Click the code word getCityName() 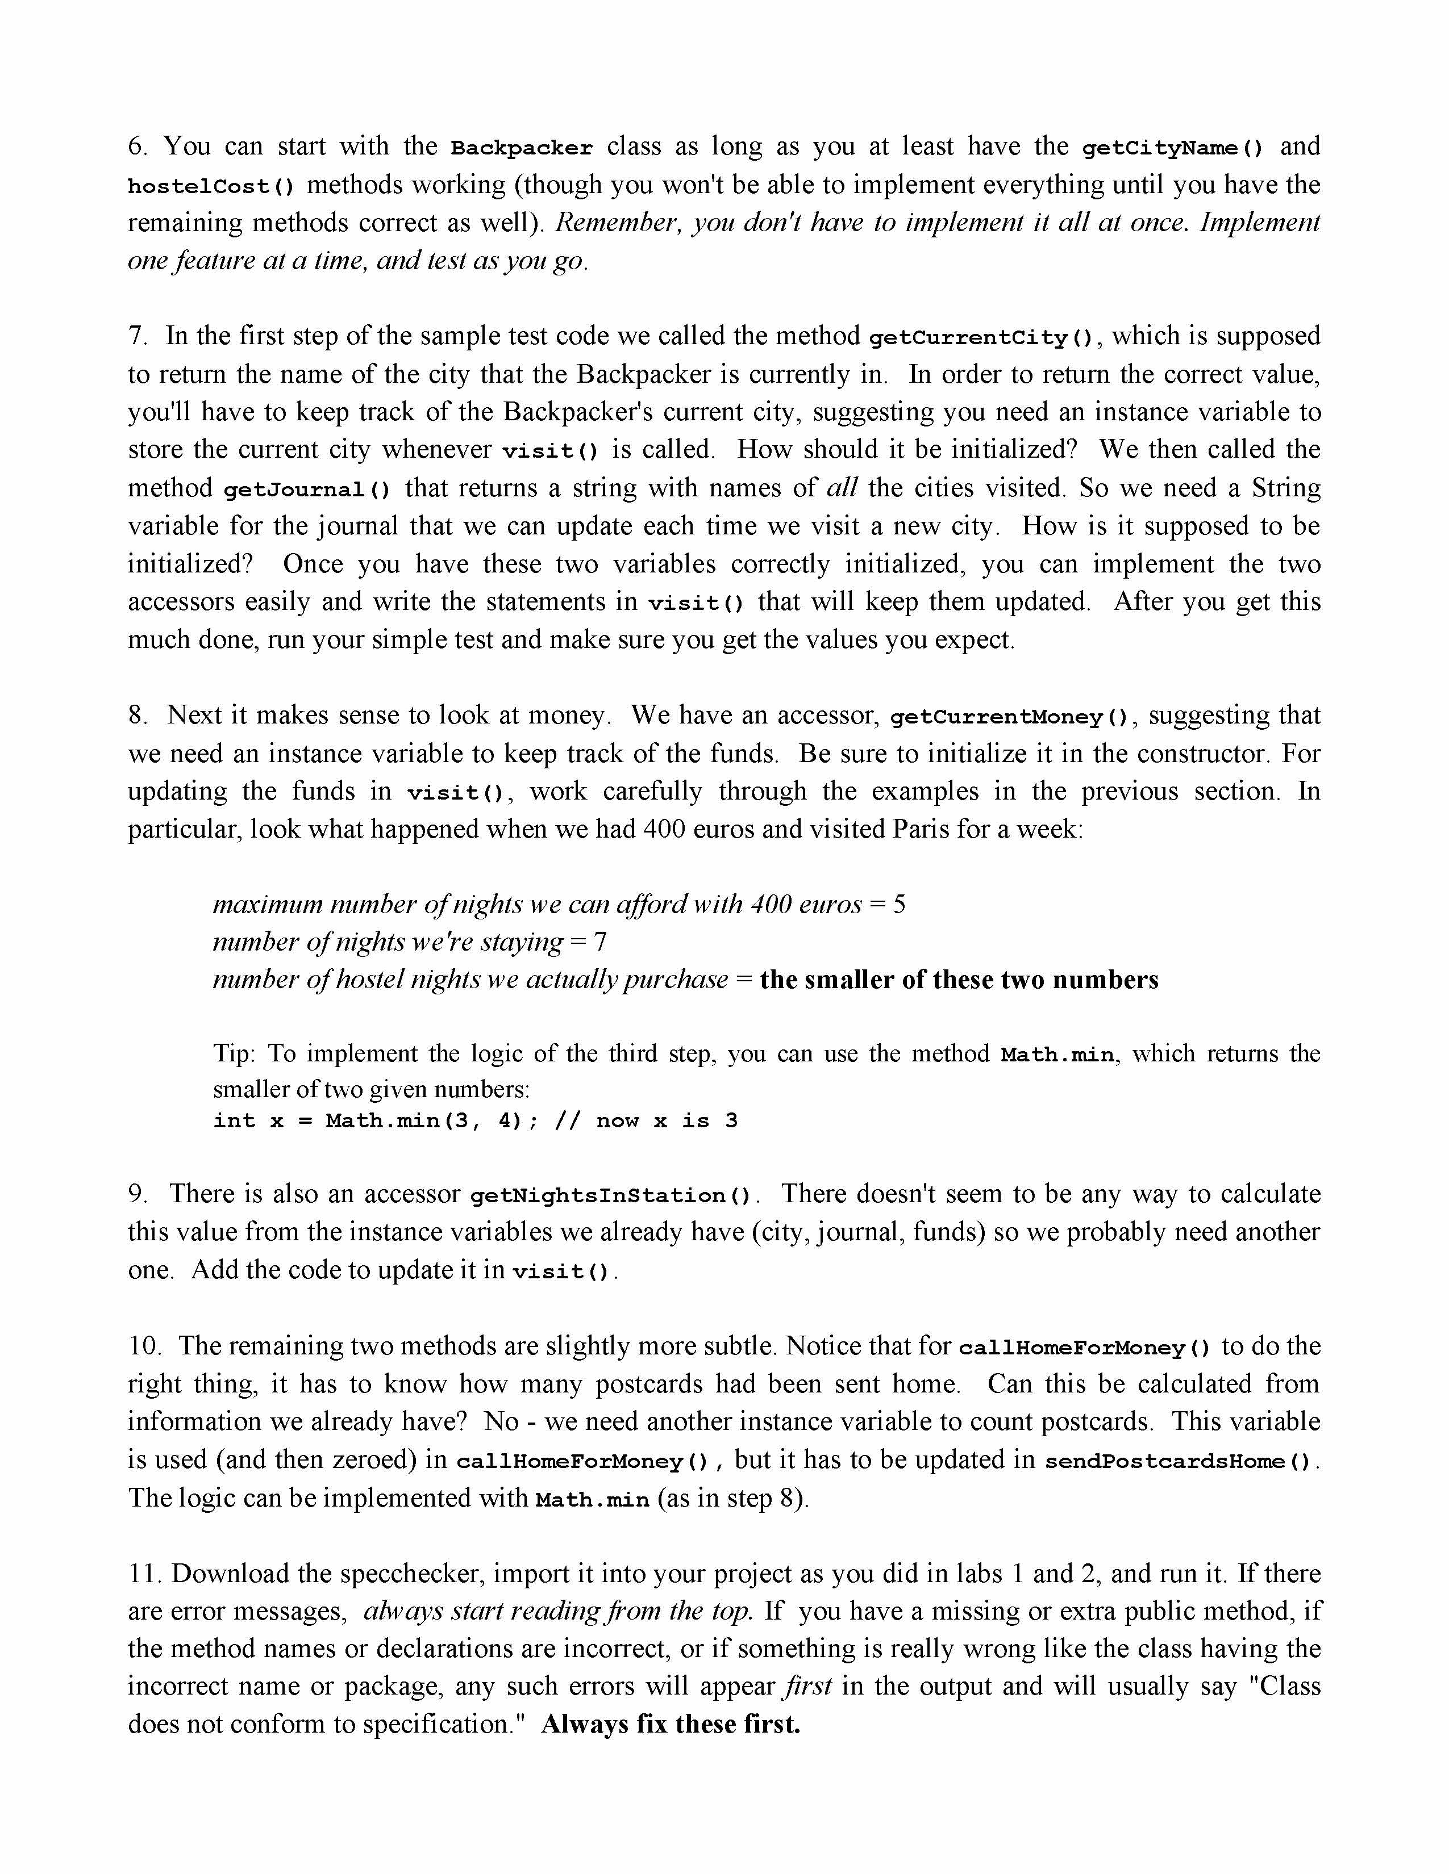click(1172, 148)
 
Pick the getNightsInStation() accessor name click(611, 1195)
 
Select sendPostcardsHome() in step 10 click(1178, 1461)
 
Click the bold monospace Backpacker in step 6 click(522, 148)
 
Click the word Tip click(232, 1053)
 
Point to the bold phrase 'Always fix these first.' click(671, 1724)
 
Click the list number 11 click(144, 1574)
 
